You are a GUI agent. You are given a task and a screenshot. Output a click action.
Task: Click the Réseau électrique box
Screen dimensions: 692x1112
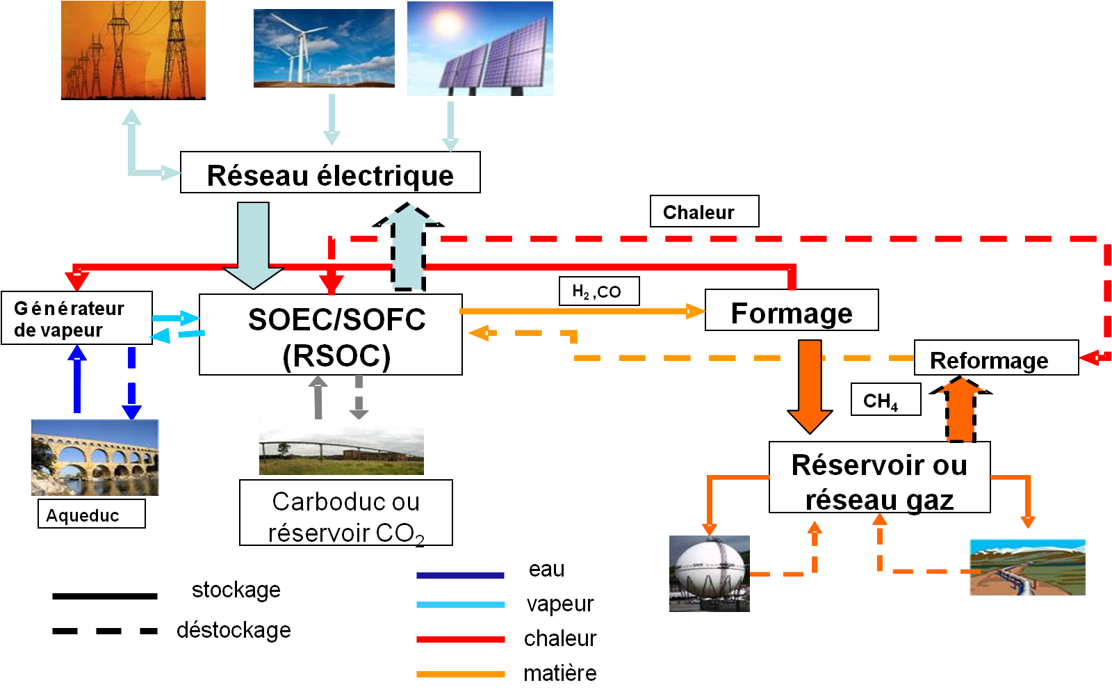pos(330,173)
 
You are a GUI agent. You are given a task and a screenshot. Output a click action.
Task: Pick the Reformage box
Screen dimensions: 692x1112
pos(995,359)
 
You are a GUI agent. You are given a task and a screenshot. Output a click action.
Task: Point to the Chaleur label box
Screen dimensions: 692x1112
pos(704,211)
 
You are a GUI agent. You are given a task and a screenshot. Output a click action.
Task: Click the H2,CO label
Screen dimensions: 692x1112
pos(598,291)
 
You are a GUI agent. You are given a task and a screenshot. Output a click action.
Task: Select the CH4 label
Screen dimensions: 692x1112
pos(885,400)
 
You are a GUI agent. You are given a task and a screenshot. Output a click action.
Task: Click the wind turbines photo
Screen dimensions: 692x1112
pos(324,48)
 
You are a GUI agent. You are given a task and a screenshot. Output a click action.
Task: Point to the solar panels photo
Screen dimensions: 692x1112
pos(480,49)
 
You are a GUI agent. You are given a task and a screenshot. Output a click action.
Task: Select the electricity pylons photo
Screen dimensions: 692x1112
pos(133,50)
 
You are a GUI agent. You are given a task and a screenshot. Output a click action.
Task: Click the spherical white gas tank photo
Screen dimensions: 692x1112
pos(709,574)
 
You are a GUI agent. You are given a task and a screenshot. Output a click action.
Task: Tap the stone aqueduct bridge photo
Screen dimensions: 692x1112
pos(95,457)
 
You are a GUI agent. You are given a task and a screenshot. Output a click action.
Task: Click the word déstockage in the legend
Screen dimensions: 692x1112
pos(234,630)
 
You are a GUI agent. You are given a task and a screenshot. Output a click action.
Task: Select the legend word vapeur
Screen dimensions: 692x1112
pos(559,604)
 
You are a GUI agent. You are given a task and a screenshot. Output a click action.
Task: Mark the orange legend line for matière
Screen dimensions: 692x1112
pos(460,674)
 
